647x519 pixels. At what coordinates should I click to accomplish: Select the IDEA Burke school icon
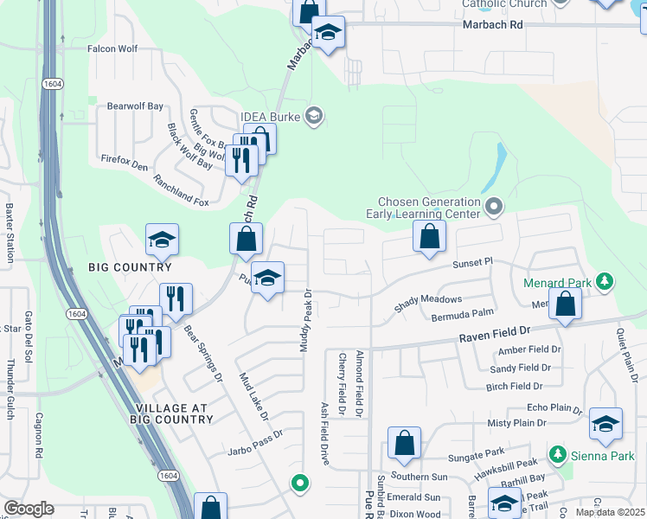click(x=314, y=117)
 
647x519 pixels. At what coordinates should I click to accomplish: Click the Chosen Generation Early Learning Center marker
click(x=494, y=206)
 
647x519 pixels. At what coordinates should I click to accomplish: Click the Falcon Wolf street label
click(x=113, y=49)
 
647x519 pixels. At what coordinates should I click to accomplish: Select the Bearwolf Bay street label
click(x=135, y=106)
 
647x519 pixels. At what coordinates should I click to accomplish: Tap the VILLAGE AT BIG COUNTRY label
click(x=174, y=413)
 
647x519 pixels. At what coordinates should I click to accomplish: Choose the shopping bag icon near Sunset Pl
click(x=429, y=236)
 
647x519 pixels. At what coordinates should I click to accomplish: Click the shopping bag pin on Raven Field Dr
click(x=565, y=305)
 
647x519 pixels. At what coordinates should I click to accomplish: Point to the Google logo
click(x=29, y=509)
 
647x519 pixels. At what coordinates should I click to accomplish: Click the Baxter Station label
click(x=10, y=234)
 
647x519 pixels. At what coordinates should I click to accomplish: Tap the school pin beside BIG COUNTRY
click(x=161, y=241)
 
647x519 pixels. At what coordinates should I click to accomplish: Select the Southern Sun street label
click(x=419, y=477)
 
